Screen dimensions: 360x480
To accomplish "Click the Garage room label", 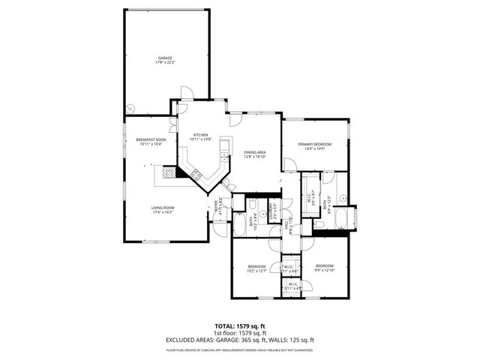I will click(x=164, y=58).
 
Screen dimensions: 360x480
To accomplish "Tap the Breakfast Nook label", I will click(x=151, y=140).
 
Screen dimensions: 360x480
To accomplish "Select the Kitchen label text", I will click(x=200, y=135).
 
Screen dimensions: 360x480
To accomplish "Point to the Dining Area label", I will click(x=255, y=153).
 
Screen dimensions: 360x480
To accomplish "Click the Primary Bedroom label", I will click(x=314, y=144).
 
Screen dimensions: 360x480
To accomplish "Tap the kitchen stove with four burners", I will click(x=198, y=174).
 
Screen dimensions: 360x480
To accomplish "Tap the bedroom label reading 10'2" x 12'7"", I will click(x=257, y=268).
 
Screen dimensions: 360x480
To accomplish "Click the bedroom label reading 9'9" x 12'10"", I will click(x=324, y=268).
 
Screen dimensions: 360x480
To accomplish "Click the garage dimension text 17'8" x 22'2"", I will click(x=164, y=62).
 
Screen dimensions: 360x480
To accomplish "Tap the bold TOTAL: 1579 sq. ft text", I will click(x=239, y=326).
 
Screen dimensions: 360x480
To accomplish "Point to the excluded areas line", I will click(x=239, y=340).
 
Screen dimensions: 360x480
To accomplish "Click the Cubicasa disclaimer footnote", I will click(x=239, y=349).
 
